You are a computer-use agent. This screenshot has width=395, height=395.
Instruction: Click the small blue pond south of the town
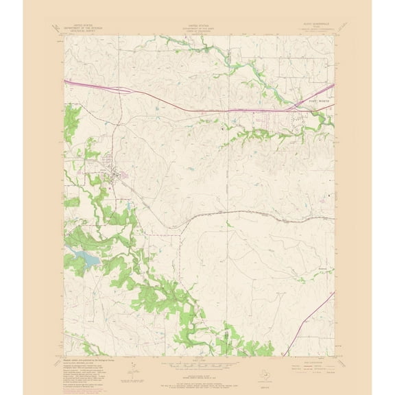(x=128, y=204)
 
